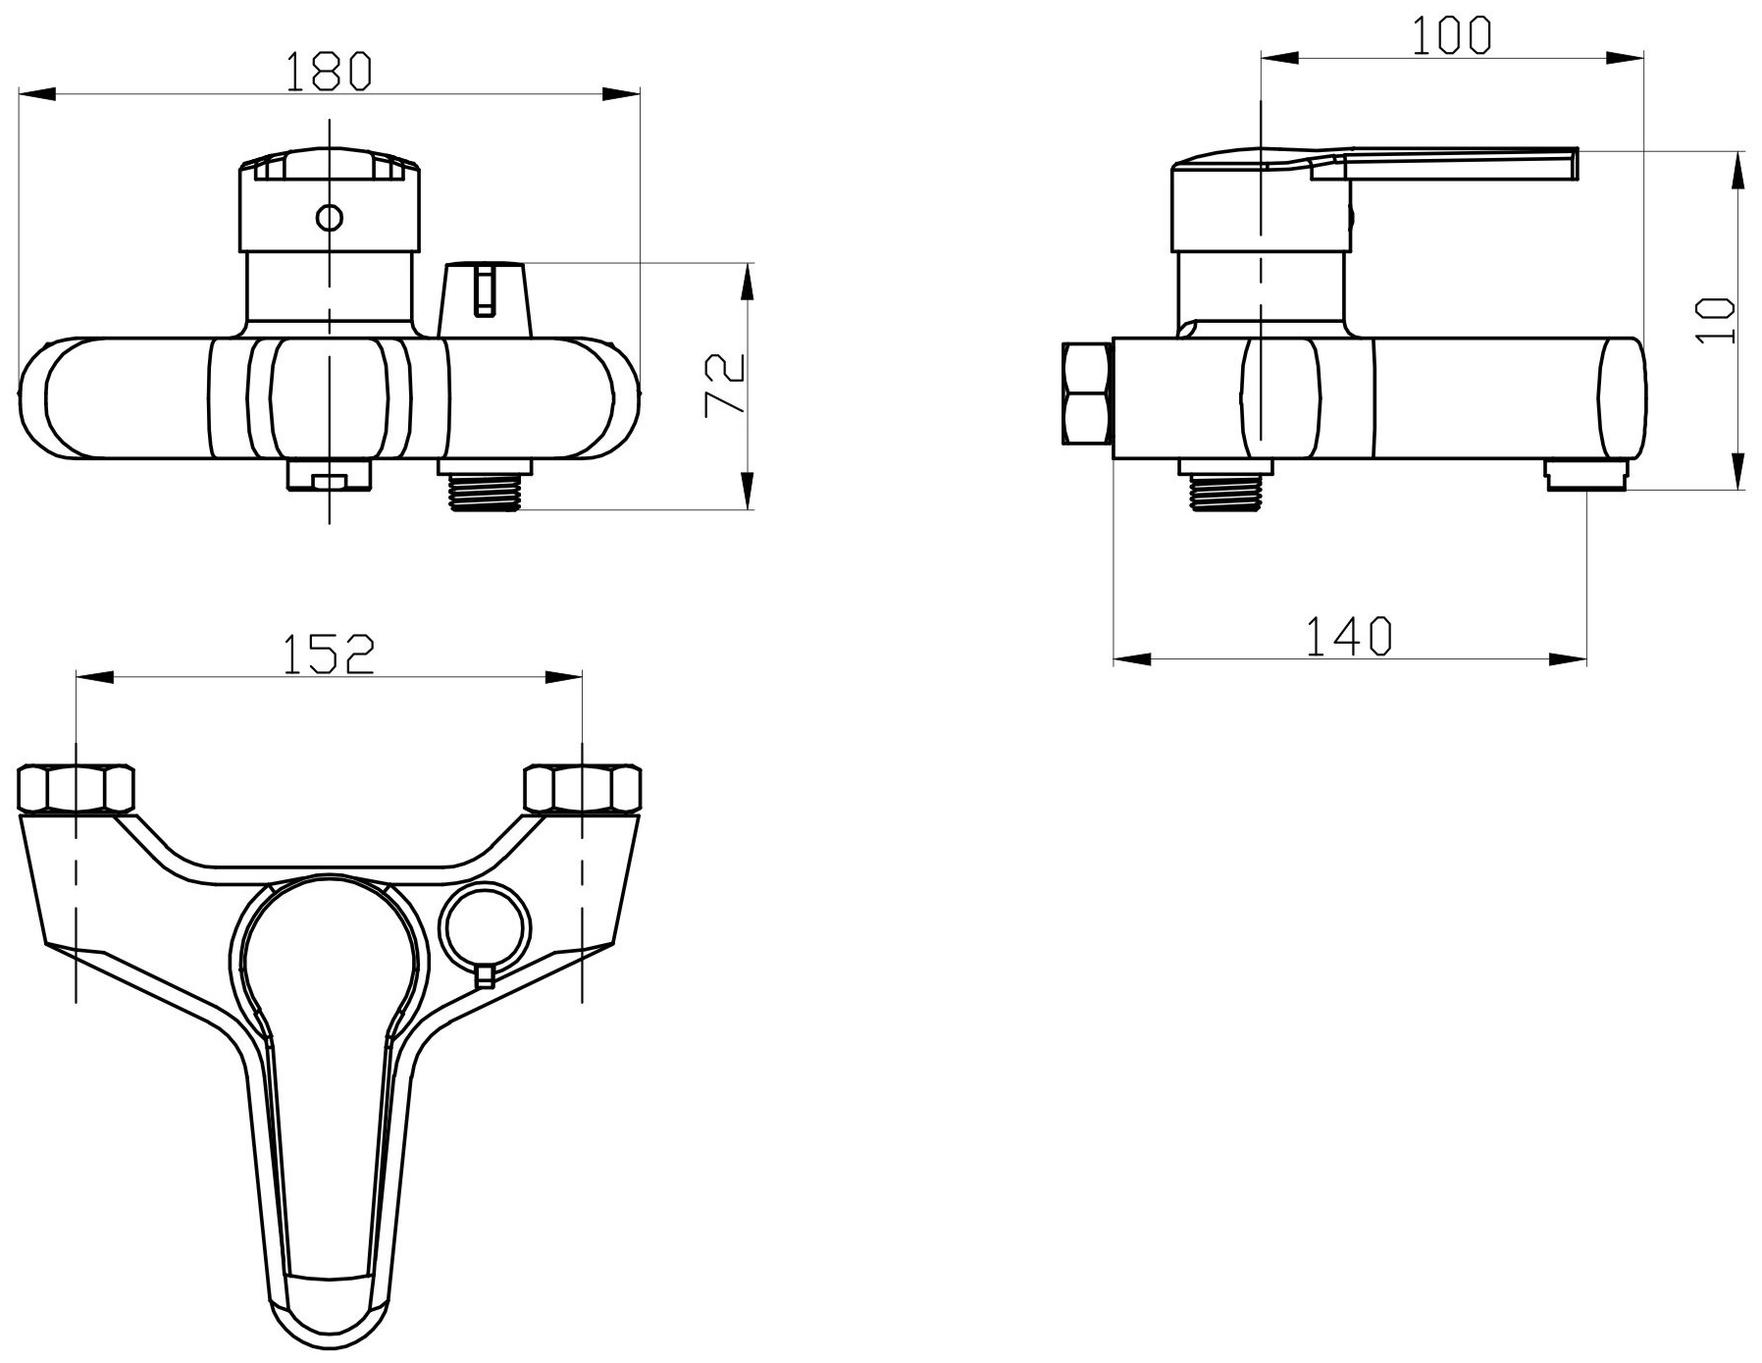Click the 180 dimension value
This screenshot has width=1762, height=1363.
tap(330, 71)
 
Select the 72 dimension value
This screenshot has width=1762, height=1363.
tap(726, 386)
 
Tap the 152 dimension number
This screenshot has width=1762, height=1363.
tap(330, 655)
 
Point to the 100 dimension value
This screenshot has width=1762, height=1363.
tap(1452, 36)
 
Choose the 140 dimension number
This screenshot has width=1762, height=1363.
tap(1349, 636)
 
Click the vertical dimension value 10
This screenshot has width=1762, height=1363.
tap(1715, 320)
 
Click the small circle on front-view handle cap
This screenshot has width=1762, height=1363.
tap(330, 217)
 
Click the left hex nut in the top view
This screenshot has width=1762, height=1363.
tap(76, 788)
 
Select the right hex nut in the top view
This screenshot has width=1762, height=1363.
tap(583, 788)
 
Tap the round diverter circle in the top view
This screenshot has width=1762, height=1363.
tap(486, 923)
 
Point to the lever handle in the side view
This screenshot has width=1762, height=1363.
tap(1452, 165)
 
